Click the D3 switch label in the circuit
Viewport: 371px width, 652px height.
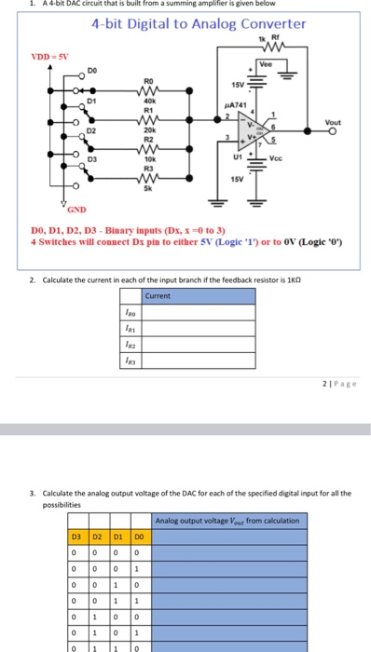(x=90, y=160)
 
